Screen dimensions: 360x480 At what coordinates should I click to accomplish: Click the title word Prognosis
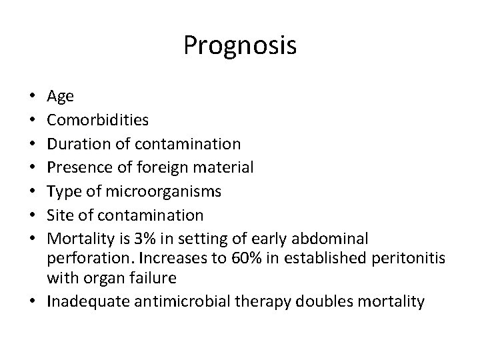tap(240, 46)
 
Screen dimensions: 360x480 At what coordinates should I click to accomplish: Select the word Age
tap(61, 97)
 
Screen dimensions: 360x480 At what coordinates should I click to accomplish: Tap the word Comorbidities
tap(98, 119)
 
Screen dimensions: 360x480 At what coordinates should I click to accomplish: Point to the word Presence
tap(77, 167)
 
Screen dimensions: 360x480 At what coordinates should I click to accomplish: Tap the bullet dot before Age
tap(33, 97)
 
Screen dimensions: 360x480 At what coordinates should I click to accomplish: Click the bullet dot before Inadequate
tap(33, 302)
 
